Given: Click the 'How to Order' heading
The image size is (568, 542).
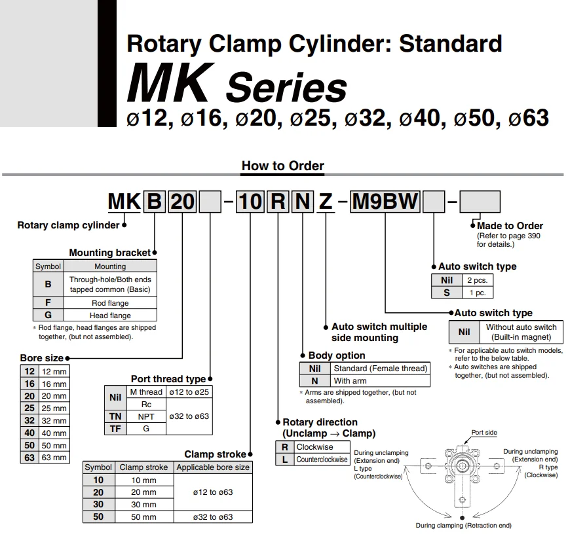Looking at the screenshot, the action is [x=282, y=166].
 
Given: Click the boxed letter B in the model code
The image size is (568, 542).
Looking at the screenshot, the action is [x=153, y=202].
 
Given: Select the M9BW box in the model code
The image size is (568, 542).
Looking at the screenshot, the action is [x=385, y=202].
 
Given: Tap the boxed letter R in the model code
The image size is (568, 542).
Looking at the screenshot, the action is [x=278, y=202].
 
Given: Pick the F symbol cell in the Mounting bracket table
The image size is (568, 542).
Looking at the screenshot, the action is [x=48, y=303].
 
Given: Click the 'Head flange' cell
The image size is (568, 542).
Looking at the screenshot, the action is [x=110, y=316].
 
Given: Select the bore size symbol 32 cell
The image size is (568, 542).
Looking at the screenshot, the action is [x=29, y=421].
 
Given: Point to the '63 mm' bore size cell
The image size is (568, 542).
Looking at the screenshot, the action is [x=54, y=458].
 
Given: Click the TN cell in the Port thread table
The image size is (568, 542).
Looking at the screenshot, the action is [x=115, y=416].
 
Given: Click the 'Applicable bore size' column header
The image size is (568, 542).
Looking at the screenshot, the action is [x=213, y=467].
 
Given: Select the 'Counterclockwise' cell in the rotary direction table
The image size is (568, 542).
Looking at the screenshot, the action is [x=322, y=460].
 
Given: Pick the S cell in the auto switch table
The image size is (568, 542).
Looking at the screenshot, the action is [x=446, y=293].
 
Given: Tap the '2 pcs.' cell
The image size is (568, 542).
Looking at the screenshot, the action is [x=476, y=280].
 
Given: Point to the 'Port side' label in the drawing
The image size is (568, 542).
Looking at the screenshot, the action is [x=484, y=433].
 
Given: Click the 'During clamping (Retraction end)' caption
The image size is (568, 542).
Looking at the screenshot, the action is [x=463, y=525].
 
